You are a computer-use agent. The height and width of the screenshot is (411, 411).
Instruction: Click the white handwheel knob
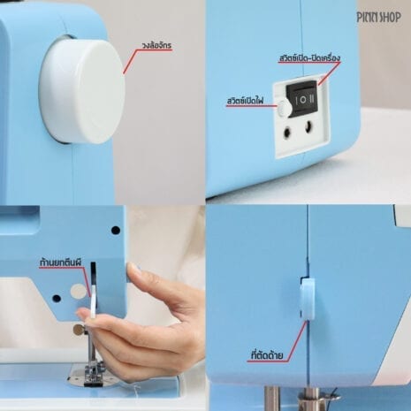pos(82,90)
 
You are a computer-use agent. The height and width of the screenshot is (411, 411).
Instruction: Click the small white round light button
pos(284,109)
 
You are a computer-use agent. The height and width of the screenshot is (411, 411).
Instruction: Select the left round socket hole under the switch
pos(286,133)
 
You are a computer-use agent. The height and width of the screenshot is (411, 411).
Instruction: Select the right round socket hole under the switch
pos(308,127)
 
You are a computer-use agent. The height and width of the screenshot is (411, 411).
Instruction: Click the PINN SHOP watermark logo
pos(378,18)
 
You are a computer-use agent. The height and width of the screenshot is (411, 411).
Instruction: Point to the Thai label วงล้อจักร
pos(156,46)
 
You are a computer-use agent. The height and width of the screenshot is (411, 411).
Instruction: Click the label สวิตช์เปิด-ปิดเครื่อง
pos(309,57)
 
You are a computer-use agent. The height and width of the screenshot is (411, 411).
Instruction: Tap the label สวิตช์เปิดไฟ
pos(245,101)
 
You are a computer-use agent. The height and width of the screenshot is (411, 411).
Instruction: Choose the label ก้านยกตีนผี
pos(60,263)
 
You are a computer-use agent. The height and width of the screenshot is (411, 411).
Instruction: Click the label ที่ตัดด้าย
pos(267,355)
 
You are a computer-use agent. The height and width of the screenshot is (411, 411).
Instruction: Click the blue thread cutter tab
pos(308,300)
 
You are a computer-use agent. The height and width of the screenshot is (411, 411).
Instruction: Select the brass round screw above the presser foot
pos(79,329)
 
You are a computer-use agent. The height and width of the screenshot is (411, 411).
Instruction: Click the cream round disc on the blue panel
pos(79,291)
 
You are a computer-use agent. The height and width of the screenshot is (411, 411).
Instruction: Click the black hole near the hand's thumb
pos(116,230)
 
